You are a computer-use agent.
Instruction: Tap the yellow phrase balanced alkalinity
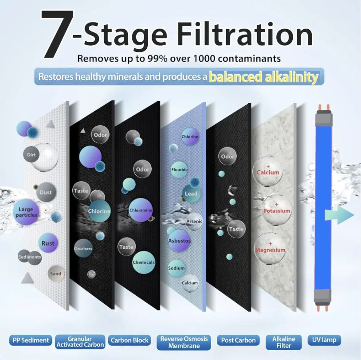tap(263, 77)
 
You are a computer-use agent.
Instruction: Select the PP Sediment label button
tap(29, 340)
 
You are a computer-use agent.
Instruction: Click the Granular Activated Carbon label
tap(80, 341)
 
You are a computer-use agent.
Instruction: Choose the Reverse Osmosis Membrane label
tap(184, 342)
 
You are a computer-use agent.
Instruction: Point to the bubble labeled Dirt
tap(31, 155)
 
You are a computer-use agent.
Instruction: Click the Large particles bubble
tap(27, 212)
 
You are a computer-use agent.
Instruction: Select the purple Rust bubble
tap(48, 243)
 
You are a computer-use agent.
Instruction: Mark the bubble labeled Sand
tap(56, 274)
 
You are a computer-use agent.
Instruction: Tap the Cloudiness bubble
tap(83, 249)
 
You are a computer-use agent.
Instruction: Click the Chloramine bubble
tap(141, 210)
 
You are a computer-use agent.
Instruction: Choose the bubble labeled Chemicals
tap(144, 262)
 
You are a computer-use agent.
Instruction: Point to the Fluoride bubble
tap(180, 170)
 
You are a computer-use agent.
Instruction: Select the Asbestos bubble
tap(179, 241)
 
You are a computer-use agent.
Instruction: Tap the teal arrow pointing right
tap(339, 215)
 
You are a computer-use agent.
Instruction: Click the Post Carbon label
tap(239, 340)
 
